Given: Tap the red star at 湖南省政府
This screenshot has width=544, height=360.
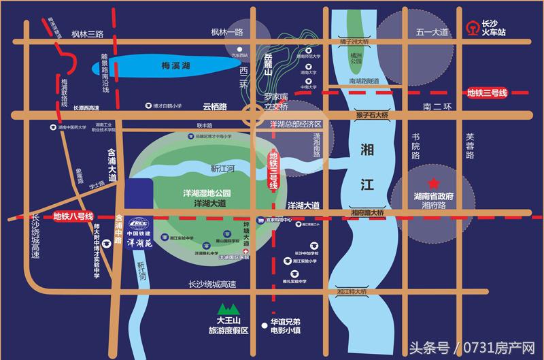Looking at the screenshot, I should (430, 184).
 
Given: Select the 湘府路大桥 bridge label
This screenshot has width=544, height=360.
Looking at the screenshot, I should (368, 213).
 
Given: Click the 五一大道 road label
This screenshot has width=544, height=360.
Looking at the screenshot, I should (434, 32).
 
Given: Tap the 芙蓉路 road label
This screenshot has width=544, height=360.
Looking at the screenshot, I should (469, 146).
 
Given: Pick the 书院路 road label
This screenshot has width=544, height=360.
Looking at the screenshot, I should (415, 146).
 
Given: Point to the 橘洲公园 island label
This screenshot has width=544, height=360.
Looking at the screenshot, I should (356, 61).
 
